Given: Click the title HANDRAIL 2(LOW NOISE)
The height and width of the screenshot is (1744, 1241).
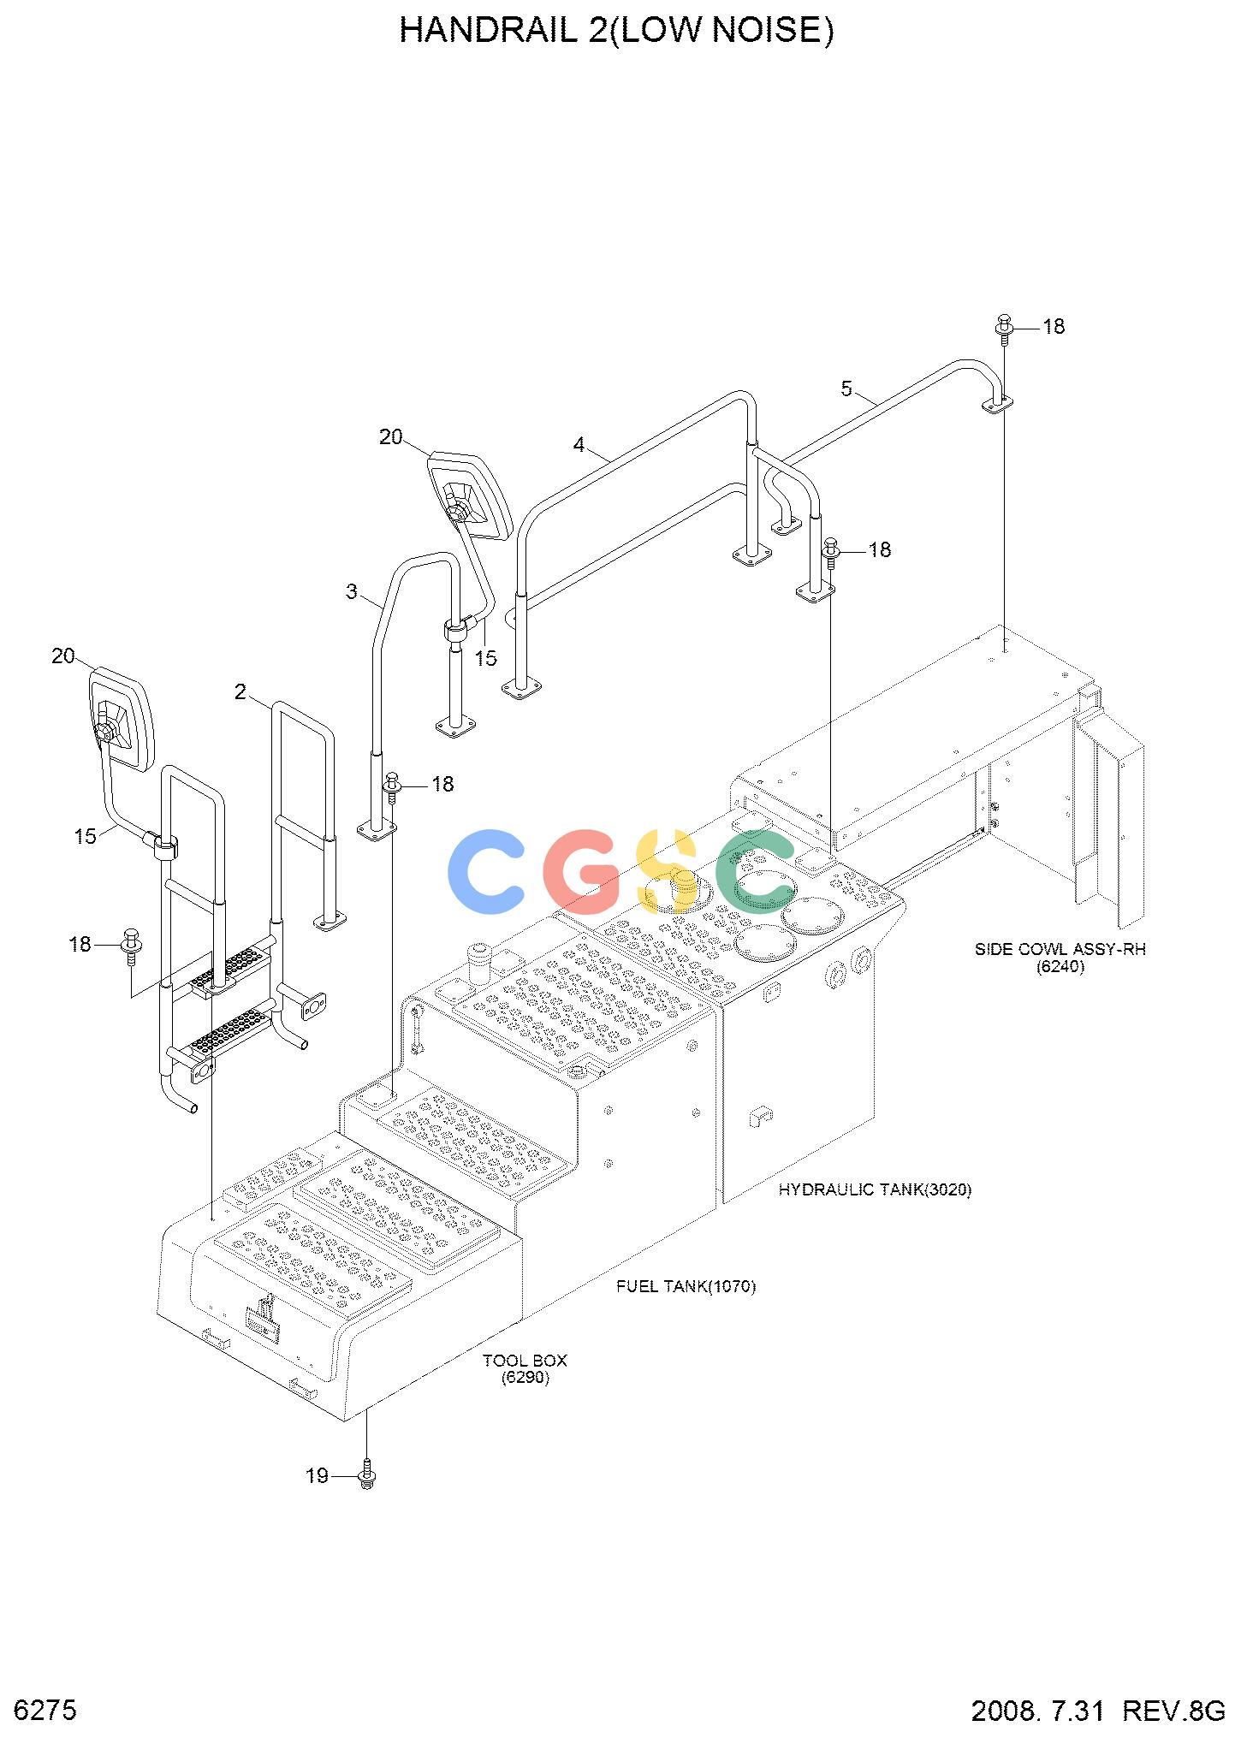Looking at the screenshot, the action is [616, 31].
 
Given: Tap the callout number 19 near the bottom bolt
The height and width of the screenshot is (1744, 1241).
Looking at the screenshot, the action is [317, 1475].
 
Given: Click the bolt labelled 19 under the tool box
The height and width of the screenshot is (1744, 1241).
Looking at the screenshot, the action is [367, 1475].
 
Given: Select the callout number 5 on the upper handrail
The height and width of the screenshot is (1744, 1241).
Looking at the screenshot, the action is [846, 389].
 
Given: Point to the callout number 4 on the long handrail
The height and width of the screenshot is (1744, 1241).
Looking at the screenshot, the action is [579, 445].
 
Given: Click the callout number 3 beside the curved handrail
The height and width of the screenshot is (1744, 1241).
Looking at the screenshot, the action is [352, 591].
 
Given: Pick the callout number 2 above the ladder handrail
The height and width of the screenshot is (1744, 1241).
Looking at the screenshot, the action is [240, 691].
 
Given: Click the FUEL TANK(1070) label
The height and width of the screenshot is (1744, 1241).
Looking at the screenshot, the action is [686, 1286].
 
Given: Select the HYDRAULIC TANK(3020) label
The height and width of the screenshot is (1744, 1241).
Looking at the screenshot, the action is [875, 1189].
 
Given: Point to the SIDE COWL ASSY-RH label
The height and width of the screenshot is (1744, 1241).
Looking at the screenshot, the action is [1060, 949].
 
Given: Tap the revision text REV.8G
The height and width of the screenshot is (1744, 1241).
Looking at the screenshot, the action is [1173, 1711].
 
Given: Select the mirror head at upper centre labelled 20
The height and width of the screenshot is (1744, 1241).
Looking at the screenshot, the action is [470, 495].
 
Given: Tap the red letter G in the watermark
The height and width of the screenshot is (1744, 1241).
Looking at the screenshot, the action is [582, 871].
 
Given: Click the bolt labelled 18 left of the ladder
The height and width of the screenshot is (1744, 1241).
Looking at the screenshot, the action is [131, 946].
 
